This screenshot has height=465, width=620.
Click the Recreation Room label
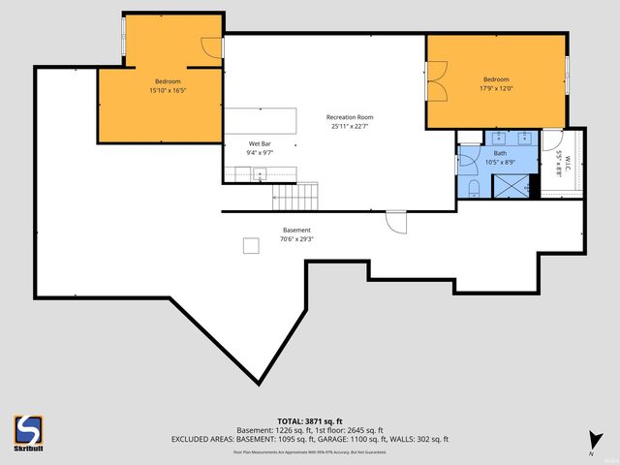click(x=350, y=117)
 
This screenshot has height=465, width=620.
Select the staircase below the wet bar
click(x=294, y=198)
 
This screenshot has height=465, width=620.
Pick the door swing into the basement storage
click(x=396, y=222)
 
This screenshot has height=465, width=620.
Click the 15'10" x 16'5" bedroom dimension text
click(x=168, y=90)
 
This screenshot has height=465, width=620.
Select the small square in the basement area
click(x=251, y=246)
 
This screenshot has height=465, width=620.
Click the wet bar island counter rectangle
click(x=262, y=120)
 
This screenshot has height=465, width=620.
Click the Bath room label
click(x=500, y=153)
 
